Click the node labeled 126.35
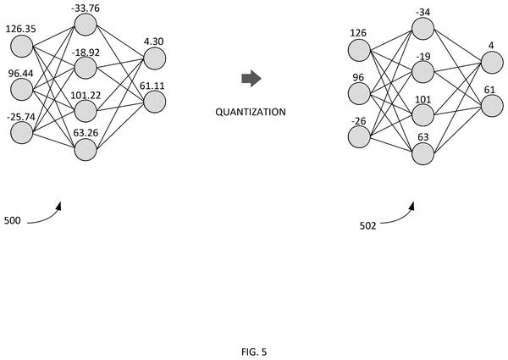22,47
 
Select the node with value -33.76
86,25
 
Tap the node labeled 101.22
86,111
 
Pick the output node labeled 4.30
155,58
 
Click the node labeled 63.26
86,149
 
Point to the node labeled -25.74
22,133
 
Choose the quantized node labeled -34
422,29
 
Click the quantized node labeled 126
359,50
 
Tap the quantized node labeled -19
422,72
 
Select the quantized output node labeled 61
492,106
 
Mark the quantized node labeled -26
359,136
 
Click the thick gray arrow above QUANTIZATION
251,78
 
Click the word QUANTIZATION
251,112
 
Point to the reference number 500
13,221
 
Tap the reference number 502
368,226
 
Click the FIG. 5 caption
254,352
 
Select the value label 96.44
20,74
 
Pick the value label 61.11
152,86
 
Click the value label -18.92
86,53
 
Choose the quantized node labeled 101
422,115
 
